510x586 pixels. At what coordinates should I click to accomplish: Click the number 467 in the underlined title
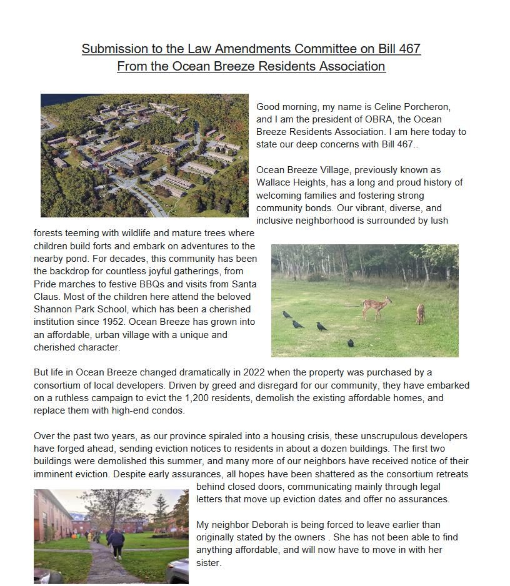click(x=409, y=49)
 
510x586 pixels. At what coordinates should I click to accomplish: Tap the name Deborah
click(x=272, y=525)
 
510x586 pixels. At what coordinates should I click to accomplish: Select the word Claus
click(x=46, y=297)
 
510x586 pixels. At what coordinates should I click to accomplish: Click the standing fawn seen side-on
click(x=377, y=307)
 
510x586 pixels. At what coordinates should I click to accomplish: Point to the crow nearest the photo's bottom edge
click(x=351, y=343)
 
